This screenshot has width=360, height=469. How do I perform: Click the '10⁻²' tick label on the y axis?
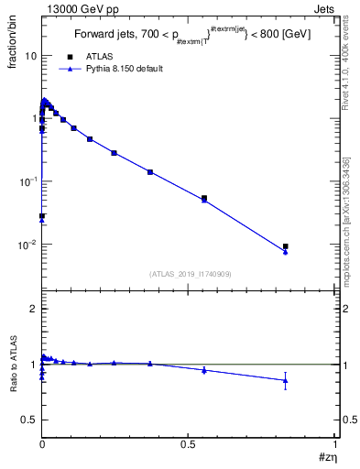tap(27, 245)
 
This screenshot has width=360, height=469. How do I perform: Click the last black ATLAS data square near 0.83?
tap(286, 246)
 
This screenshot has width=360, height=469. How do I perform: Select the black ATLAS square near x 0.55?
tap(204, 198)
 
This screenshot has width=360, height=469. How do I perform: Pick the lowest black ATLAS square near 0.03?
tap(42, 216)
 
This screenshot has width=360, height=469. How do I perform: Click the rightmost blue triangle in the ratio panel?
tap(286, 380)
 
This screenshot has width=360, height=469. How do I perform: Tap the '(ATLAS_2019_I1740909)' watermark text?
tap(191, 274)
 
